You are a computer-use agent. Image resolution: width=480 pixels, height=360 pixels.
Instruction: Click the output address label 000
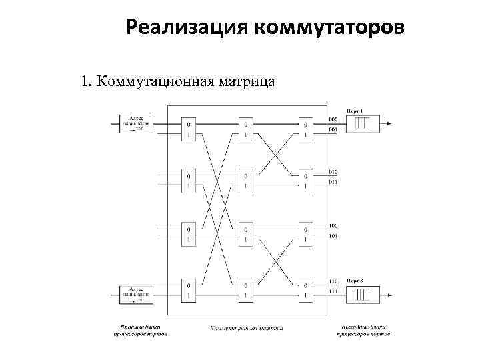(333, 119)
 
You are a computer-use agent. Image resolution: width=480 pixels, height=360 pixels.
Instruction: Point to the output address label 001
(333, 129)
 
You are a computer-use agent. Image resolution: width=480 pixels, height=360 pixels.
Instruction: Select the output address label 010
(333, 171)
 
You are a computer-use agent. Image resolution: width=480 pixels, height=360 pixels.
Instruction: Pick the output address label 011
(333, 181)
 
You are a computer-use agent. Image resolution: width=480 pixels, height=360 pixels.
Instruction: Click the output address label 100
(333, 227)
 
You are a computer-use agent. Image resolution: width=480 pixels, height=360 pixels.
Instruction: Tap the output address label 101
(333, 236)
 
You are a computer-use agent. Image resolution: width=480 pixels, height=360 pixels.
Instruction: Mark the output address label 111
(333, 291)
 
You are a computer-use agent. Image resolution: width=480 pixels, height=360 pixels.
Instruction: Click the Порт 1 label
(354, 110)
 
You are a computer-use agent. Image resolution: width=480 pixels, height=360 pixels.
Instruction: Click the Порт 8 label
(354, 281)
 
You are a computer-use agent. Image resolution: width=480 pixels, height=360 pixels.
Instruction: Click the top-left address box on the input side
(137, 123)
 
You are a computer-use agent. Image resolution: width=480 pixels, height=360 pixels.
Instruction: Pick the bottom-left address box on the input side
(137, 293)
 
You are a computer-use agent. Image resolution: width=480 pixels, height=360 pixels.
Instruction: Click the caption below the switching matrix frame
(246, 327)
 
